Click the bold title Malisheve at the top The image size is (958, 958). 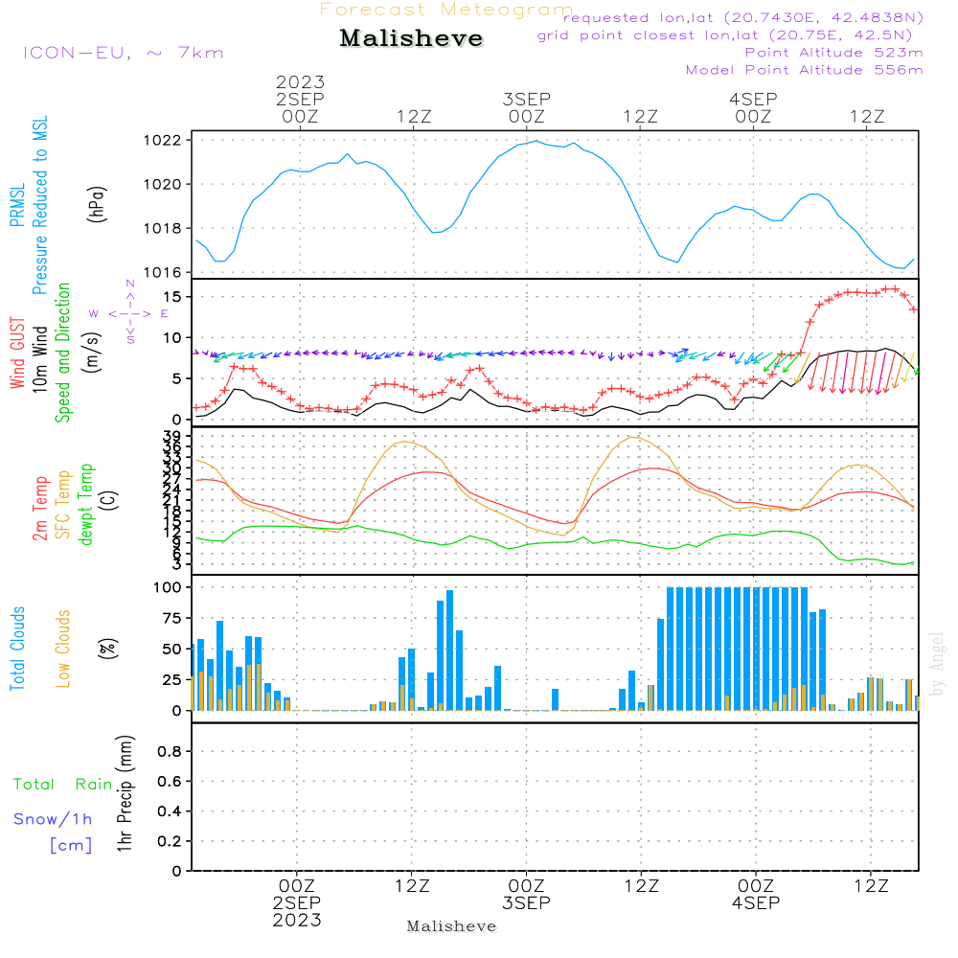[x=411, y=39]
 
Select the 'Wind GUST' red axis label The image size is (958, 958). [x=17, y=354]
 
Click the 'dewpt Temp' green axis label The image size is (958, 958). [x=86, y=505]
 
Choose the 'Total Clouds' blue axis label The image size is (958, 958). [x=17, y=649]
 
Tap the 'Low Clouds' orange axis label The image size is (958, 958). [x=63, y=649]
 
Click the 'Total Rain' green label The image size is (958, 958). [x=62, y=785]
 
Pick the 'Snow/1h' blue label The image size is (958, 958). [x=53, y=819]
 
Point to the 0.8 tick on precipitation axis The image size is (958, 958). [x=170, y=752]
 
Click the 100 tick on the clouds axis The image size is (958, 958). [x=167, y=587]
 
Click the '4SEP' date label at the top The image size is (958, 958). [x=753, y=99]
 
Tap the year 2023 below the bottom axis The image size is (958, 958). [x=298, y=921]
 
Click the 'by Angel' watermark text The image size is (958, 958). [x=937, y=663]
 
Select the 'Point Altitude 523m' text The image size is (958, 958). [x=833, y=53]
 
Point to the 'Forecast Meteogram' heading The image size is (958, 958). [x=446, y=10]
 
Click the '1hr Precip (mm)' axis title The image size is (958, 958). [x=125, y=795]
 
